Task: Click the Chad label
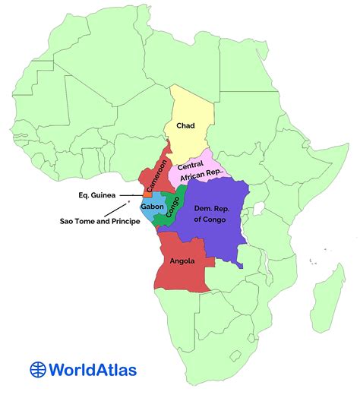click(x=186, y=125)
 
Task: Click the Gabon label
click(x=151, y=207)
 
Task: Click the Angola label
click(x=183, y=261)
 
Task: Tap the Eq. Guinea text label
click(x=97, y=195)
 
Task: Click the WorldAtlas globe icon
click(x=39, y=370)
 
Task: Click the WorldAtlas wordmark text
click(x=93, y=370)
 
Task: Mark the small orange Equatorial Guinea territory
click(x=147, y=194)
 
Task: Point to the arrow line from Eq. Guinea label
click(x=130, y=195)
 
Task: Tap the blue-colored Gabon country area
click(x=149, y=216)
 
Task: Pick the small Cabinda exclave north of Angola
click(x=156, y=231)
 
